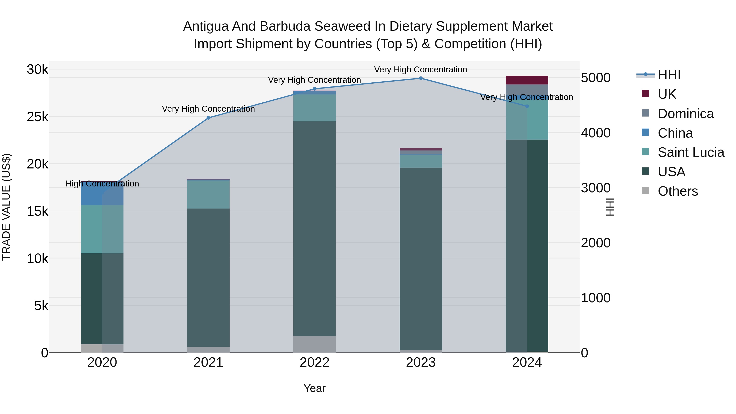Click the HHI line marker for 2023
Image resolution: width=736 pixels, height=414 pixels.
(421, 78)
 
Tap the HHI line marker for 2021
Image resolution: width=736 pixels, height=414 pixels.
(208, 118)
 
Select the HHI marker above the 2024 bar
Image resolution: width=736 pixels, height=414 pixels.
(527, 106)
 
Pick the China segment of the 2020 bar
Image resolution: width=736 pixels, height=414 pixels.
(102, 193)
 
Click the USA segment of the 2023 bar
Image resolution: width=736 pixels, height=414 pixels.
(421, 259)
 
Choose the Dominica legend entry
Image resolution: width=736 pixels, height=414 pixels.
(685, 114)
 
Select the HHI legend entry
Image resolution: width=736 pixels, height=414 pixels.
(669, 75)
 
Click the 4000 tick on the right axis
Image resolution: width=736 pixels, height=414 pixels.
(596, 133)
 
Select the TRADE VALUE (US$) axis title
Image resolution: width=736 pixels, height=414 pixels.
(6, 207)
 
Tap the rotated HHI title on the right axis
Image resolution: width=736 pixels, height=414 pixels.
(610, 207)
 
